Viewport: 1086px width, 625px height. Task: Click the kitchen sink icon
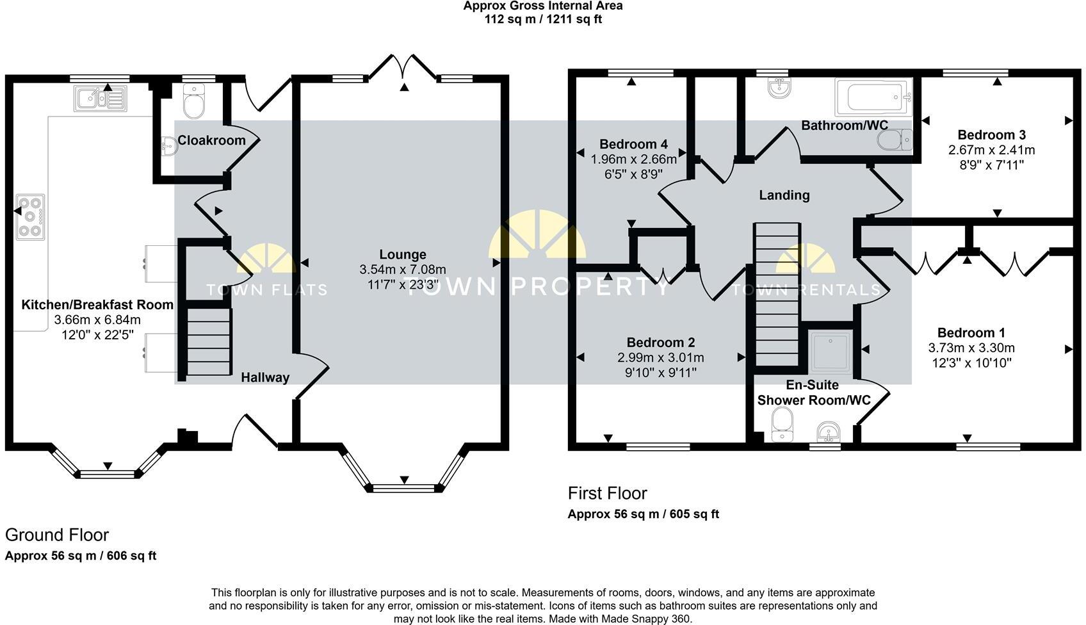click(101, 99)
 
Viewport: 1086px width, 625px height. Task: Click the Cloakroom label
click(211, 140)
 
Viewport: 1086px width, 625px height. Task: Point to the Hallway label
click(265, 377)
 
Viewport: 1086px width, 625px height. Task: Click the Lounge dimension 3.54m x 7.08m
click(403, 270)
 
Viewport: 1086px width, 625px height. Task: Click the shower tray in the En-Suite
click(831, 352)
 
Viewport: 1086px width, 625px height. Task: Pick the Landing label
click(784, 195)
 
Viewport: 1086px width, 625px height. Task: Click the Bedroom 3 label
click(991, 134)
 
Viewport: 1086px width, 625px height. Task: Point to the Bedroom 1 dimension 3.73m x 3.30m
click(971, 348)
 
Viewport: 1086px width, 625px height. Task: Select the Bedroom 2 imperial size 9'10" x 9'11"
click(660, 373)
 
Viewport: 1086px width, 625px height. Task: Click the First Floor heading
click(607, 493)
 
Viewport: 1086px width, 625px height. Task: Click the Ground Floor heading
click(57, 535)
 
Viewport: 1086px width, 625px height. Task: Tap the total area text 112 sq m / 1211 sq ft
click(543, 19)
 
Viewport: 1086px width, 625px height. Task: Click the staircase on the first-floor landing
click(777, 295)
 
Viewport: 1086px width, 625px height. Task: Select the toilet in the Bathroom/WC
click(894, 140)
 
